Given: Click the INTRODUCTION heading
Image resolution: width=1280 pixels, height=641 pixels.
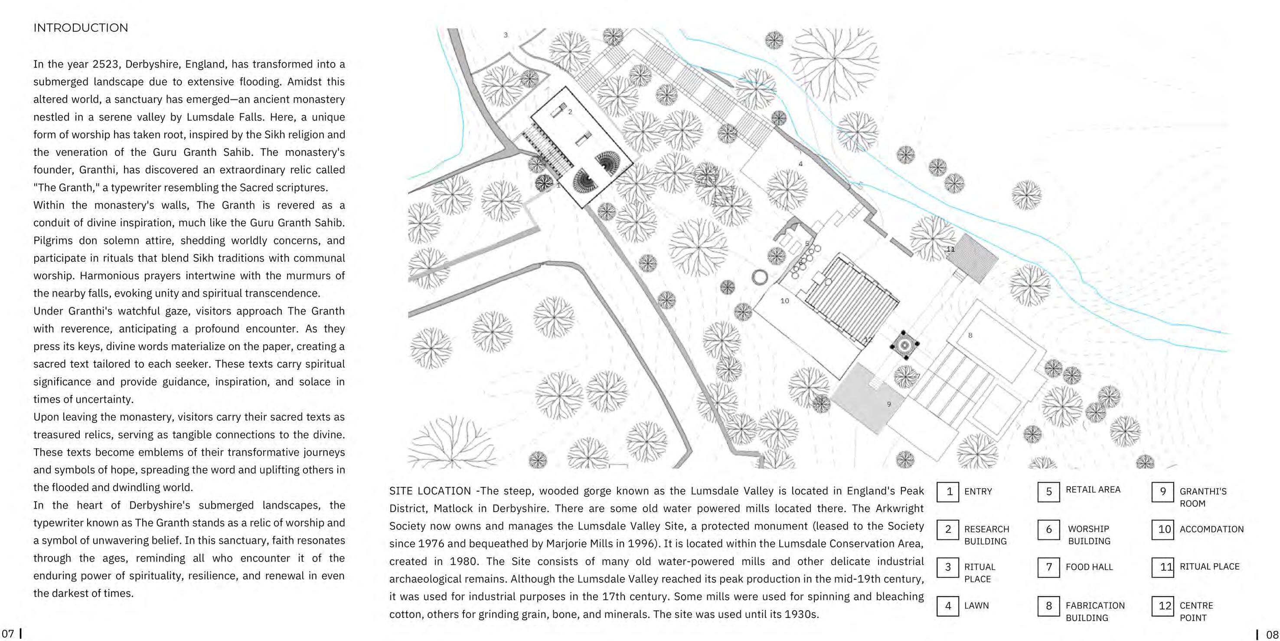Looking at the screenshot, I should click(x=81, y=28).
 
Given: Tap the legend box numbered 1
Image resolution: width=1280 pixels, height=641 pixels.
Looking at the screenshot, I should click(x=947, y=491).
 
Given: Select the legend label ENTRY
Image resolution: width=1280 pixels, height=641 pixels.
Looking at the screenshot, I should click(x=978, y=491).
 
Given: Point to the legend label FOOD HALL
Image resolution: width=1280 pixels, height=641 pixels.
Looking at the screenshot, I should click(x=1089, y=566).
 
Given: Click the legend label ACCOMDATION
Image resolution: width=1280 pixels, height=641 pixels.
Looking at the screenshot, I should click(x=1211, y=529).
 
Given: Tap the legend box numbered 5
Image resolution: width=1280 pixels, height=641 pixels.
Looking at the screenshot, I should click(x=1048, y=491).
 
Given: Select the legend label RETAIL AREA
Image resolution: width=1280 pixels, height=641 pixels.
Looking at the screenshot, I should click(x=1093, y=490).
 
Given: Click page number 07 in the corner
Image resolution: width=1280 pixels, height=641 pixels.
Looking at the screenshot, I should click(x=8, y=634).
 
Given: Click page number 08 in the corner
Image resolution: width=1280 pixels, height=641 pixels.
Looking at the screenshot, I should click(x=1272, y=634).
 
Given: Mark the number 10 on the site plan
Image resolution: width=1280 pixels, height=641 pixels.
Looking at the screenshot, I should click(x=784, y=301).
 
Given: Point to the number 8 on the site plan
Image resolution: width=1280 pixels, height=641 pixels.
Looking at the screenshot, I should click(x=970, y=335).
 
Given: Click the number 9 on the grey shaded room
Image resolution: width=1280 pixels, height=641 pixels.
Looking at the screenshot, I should click(x=889, y=404).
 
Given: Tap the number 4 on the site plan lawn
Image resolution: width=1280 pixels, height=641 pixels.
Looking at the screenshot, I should click(x=800, y=164).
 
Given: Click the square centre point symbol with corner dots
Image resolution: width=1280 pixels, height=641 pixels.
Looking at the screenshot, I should click(x=904, y=344).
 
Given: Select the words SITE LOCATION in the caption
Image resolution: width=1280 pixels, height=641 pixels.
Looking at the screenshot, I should click(x=430, y=491).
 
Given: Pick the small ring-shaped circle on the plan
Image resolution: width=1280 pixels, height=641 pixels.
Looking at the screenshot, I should click(x=759, y=277).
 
